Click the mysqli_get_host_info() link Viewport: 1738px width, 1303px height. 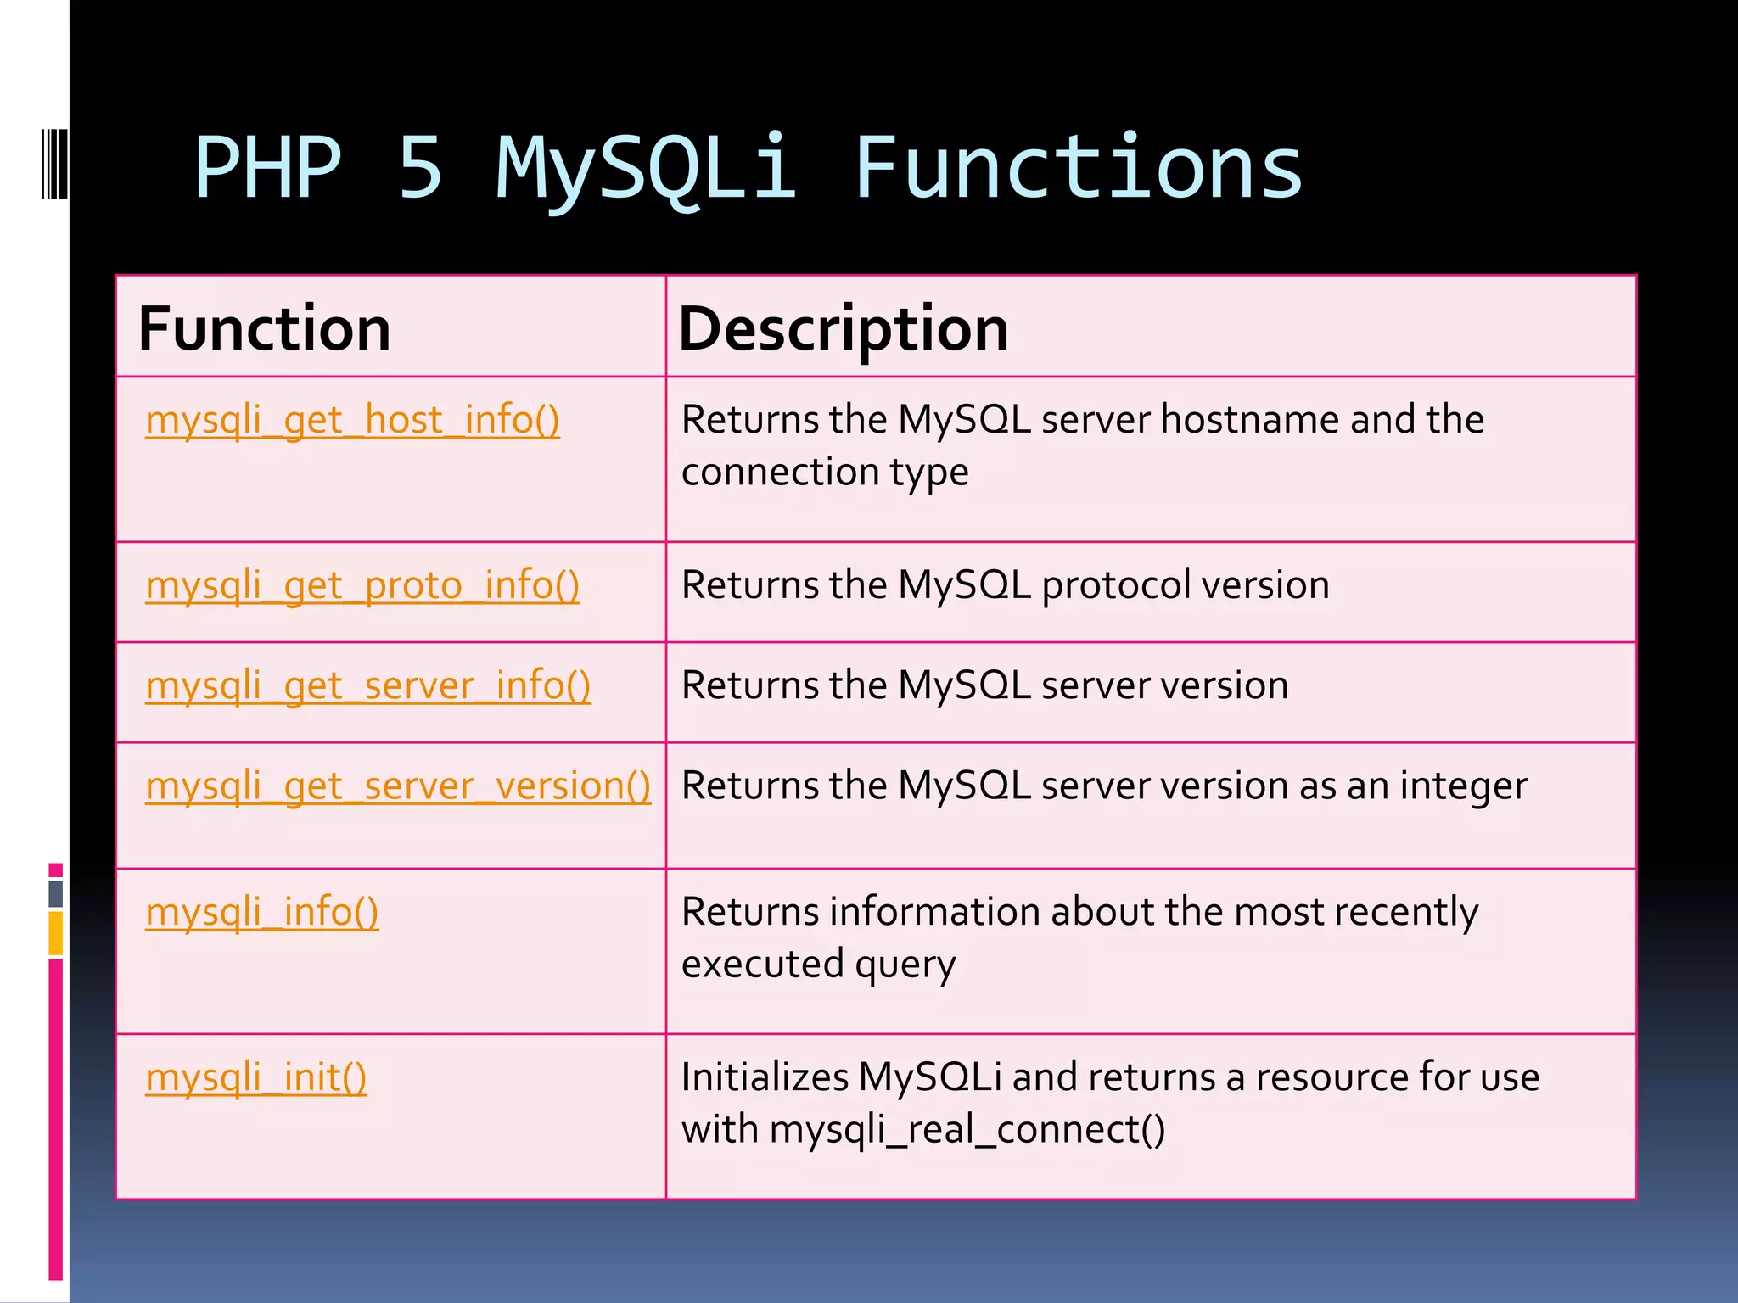pyautogui.click(x=352, y=421)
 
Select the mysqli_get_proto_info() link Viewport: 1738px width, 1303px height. pyautogui.click(x=362, y=586)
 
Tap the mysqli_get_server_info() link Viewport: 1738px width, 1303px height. pyautogui.click(x=367, y=686)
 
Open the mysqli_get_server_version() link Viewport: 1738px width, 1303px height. pyautogui.click(x=397, y=786)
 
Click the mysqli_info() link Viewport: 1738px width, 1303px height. pyautogui.click(x=261, y=913)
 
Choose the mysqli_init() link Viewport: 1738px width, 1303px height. pyautogui.click(x=255, y=1078)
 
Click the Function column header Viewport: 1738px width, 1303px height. pyautogui.click(x=264, y=329)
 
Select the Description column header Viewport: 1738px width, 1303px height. pyautogui.click(x=843, y=329)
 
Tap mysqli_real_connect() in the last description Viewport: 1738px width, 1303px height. pyautogui.click(x=967, y=1130)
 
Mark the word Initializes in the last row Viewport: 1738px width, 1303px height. pyautogui.click(x=765, y=1077)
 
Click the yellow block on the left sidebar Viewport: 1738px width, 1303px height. pyautogui.click(x=56, y=933)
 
